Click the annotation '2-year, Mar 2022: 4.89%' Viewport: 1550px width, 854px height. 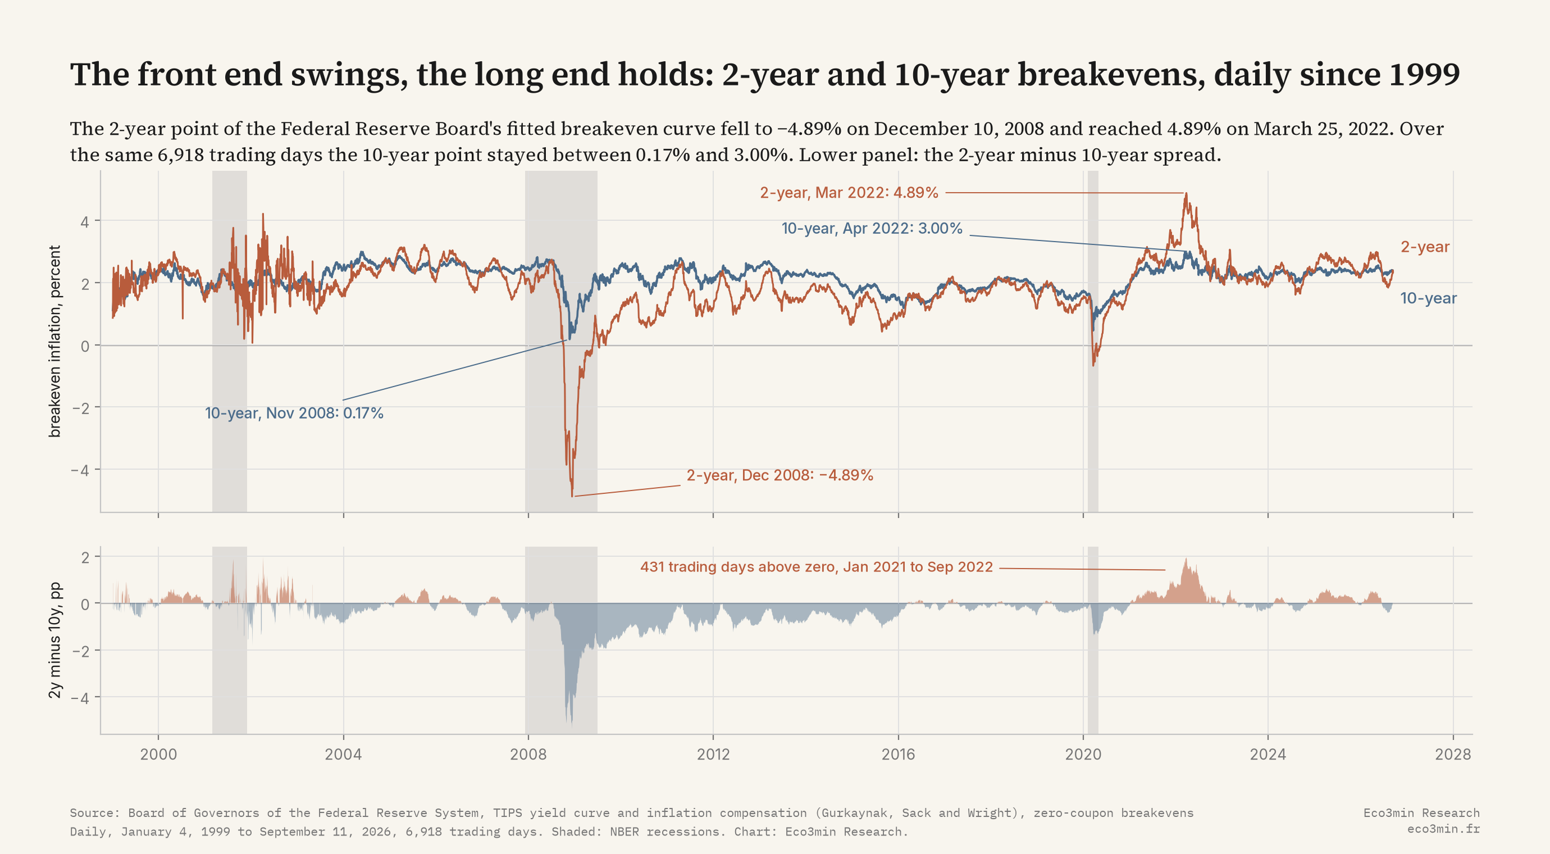click(x=849, y=193)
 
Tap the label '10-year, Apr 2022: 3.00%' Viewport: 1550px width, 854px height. click(x=872, y=229)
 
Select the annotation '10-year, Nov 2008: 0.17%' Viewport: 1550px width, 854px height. click(x=294, y=414)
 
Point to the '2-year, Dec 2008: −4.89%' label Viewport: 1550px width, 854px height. click(x=780, y=475)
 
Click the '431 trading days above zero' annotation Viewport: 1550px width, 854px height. click(x=817, y=567)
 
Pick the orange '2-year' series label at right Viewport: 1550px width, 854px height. click(x=1425, y=247)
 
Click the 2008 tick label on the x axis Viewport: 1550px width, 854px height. click(x=528, y=754)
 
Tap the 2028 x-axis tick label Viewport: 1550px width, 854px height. click(x=1452, y=754)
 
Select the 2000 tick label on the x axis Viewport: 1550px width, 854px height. click(x=158, y=754)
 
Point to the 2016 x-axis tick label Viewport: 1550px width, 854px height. click(x=899, y=754)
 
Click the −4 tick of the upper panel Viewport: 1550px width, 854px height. click(x=80, y=470)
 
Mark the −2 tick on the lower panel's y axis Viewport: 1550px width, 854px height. click(x=80, y=651)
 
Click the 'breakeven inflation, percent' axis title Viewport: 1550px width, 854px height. click(x=55, y=341)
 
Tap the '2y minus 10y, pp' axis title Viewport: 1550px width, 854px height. click(x=55, y=640)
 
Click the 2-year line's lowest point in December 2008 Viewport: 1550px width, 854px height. click(x=572, y=496)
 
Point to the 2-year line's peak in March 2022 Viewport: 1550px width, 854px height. click(x=1186, y=193)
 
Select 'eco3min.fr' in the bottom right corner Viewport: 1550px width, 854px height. click(x=1443, y=829)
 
